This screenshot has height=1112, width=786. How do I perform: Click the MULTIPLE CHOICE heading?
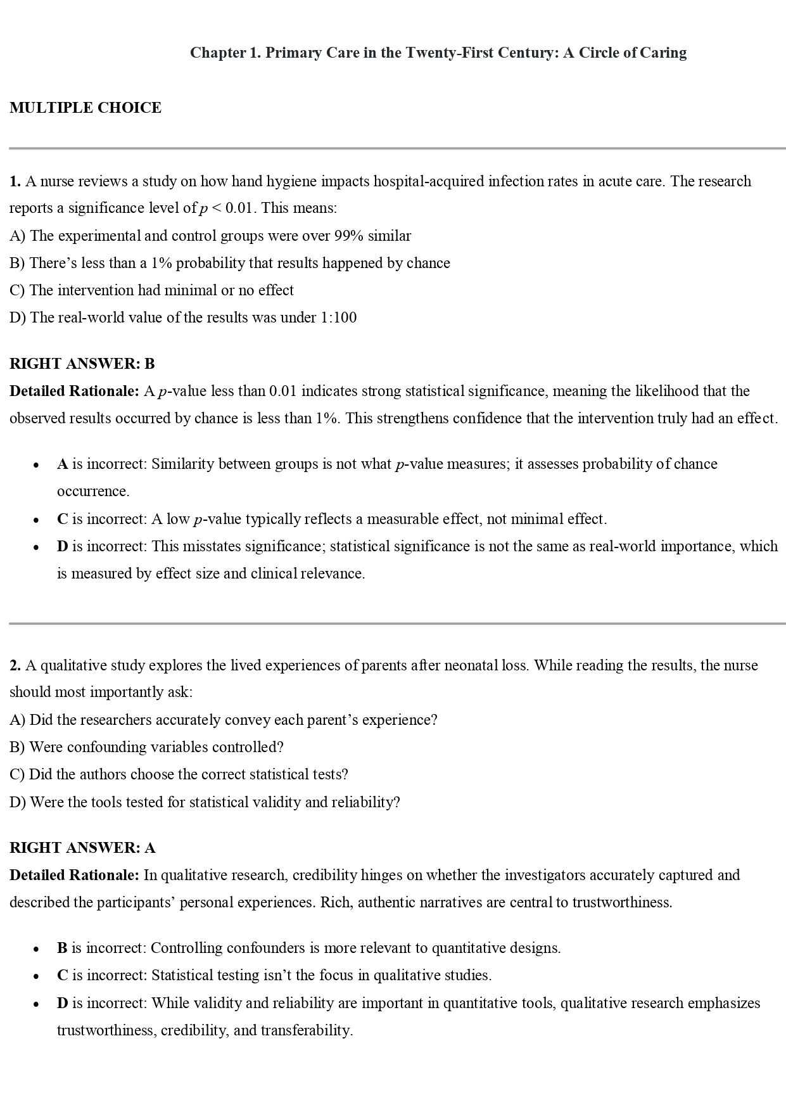(86, 108)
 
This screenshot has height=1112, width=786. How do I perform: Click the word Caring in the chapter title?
(663, 53)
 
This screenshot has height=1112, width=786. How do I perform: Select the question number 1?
(15, 182)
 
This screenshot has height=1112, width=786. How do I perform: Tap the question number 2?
(15, 665)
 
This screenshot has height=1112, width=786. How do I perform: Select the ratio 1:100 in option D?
(339, 317)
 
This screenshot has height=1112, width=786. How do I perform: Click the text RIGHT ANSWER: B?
(82, 364)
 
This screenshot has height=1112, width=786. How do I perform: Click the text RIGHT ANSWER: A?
(82, 848)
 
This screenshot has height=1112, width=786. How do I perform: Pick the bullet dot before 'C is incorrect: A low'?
(37, 520)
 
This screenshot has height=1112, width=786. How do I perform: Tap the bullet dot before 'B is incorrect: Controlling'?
(37, 949)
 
